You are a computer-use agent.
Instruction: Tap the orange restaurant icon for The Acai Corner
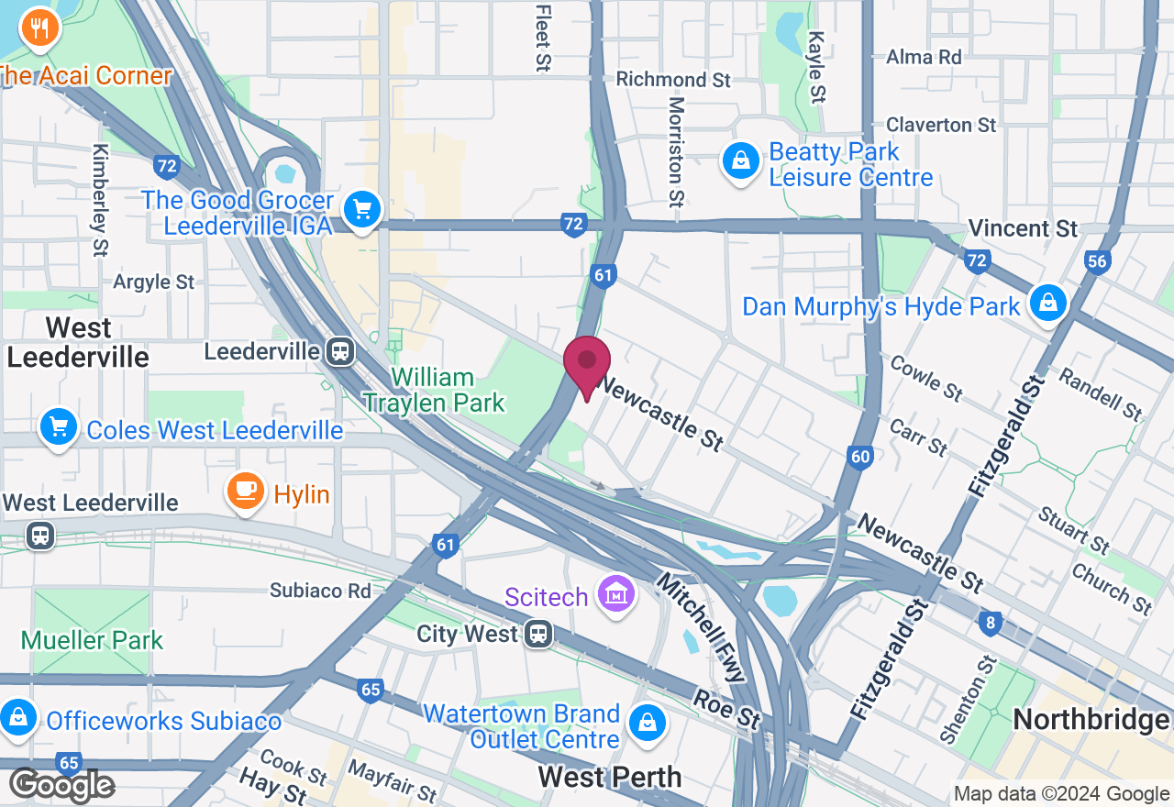[39, 29]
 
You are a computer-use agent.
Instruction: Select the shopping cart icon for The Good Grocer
[361, 210]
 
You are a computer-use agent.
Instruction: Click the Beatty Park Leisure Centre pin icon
[739, 162]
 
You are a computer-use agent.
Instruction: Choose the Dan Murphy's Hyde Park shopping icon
[1047, 304]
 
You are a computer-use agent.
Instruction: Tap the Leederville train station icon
[340, 350]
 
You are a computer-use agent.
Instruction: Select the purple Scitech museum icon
[616, 595]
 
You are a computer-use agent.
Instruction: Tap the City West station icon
[538, 633]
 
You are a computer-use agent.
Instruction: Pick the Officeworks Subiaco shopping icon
[18, 716]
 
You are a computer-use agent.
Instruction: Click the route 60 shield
[859, 457]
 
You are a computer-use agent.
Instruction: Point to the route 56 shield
[1096, 261]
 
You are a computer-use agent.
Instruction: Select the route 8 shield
[989, 625]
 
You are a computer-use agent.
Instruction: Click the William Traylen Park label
[433, 390]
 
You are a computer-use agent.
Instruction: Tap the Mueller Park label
[92, 639]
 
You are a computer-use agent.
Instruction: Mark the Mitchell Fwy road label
[703, 627]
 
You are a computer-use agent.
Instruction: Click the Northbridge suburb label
[1091, 720]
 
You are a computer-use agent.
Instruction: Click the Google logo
[61, 785]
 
